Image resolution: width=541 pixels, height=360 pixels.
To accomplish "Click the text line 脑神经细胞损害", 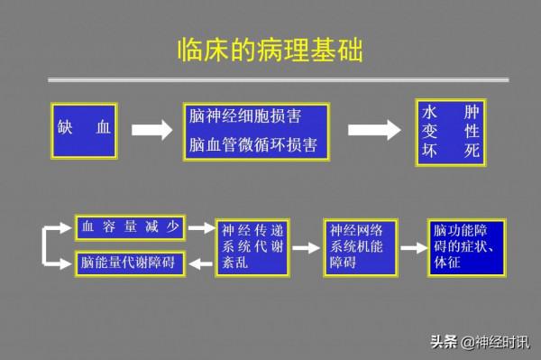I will (x=244, y=117).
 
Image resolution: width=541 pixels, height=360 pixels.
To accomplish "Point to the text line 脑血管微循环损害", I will (x=257, y=144).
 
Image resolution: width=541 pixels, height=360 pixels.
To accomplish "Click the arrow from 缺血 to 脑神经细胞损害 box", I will (x=151, y=130).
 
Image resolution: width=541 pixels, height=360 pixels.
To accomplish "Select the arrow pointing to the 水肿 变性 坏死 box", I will (x=374, y=130).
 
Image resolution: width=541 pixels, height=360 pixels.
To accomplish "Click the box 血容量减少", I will (x=130, y=227).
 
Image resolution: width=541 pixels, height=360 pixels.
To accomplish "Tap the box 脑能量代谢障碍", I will (x=130, y=263).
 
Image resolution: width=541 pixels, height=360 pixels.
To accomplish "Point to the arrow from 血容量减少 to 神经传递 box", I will (x=200, y=228).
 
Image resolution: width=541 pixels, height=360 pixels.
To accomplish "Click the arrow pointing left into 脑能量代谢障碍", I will (x=200, y=263).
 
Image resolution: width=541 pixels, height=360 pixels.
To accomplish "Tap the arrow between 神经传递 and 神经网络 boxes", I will (x=308, y=245).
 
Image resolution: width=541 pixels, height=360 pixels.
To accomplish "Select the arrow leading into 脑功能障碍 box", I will (x=414, y=245).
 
